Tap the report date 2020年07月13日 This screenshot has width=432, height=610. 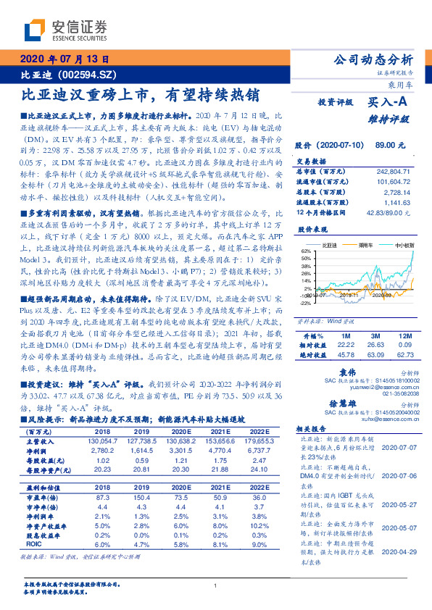click(x=64, y=60)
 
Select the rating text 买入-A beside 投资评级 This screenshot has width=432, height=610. click(x=388, y=104)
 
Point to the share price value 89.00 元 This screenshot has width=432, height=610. click(x=390, y=146)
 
